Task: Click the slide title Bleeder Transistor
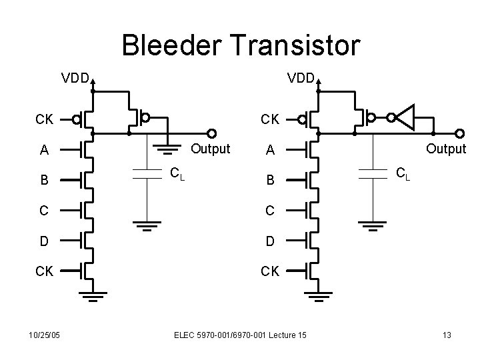click(241, 45)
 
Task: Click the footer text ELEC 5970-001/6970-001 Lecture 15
click(240, 334)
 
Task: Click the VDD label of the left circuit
click(76, 78)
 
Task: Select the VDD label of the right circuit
click(302, 78)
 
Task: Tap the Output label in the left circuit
click(211, 149)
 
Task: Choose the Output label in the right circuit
click(446, 149)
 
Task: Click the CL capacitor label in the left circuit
click(177, 174)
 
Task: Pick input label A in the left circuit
click(44, 151)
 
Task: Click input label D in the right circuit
click(271, 241)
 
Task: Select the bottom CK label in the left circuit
click(45, 271)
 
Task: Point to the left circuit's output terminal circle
click(213, 133)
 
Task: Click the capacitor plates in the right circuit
click(371, 173)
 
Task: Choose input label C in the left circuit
click(44, 211)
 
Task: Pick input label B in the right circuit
click(271, 181)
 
